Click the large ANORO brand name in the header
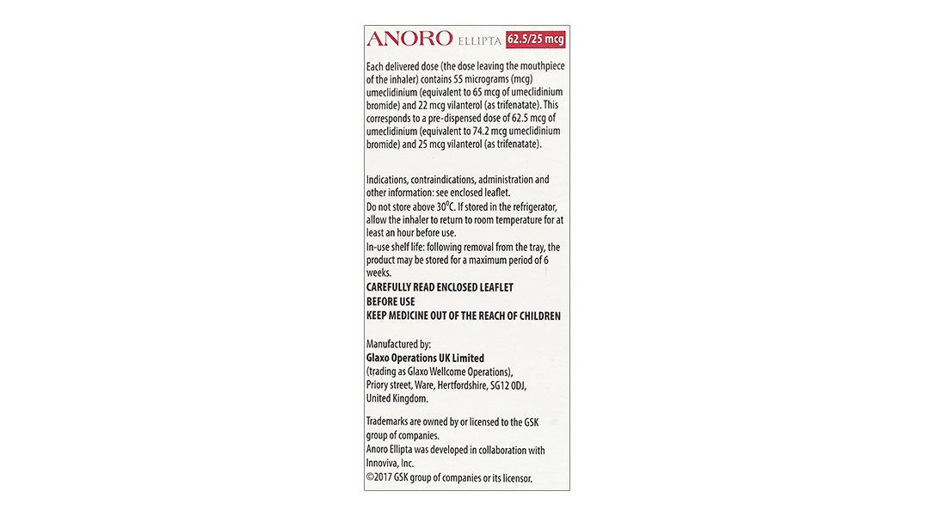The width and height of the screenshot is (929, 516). click(409, 39)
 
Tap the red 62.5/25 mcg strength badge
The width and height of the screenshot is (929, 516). click(536, 40)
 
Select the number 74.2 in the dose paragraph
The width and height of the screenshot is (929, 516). click(508, 131)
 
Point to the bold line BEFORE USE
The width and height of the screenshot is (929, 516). click(391, 302)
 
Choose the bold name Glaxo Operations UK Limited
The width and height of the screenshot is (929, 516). click(425, 358)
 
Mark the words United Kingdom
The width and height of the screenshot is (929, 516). click(397, 399)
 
